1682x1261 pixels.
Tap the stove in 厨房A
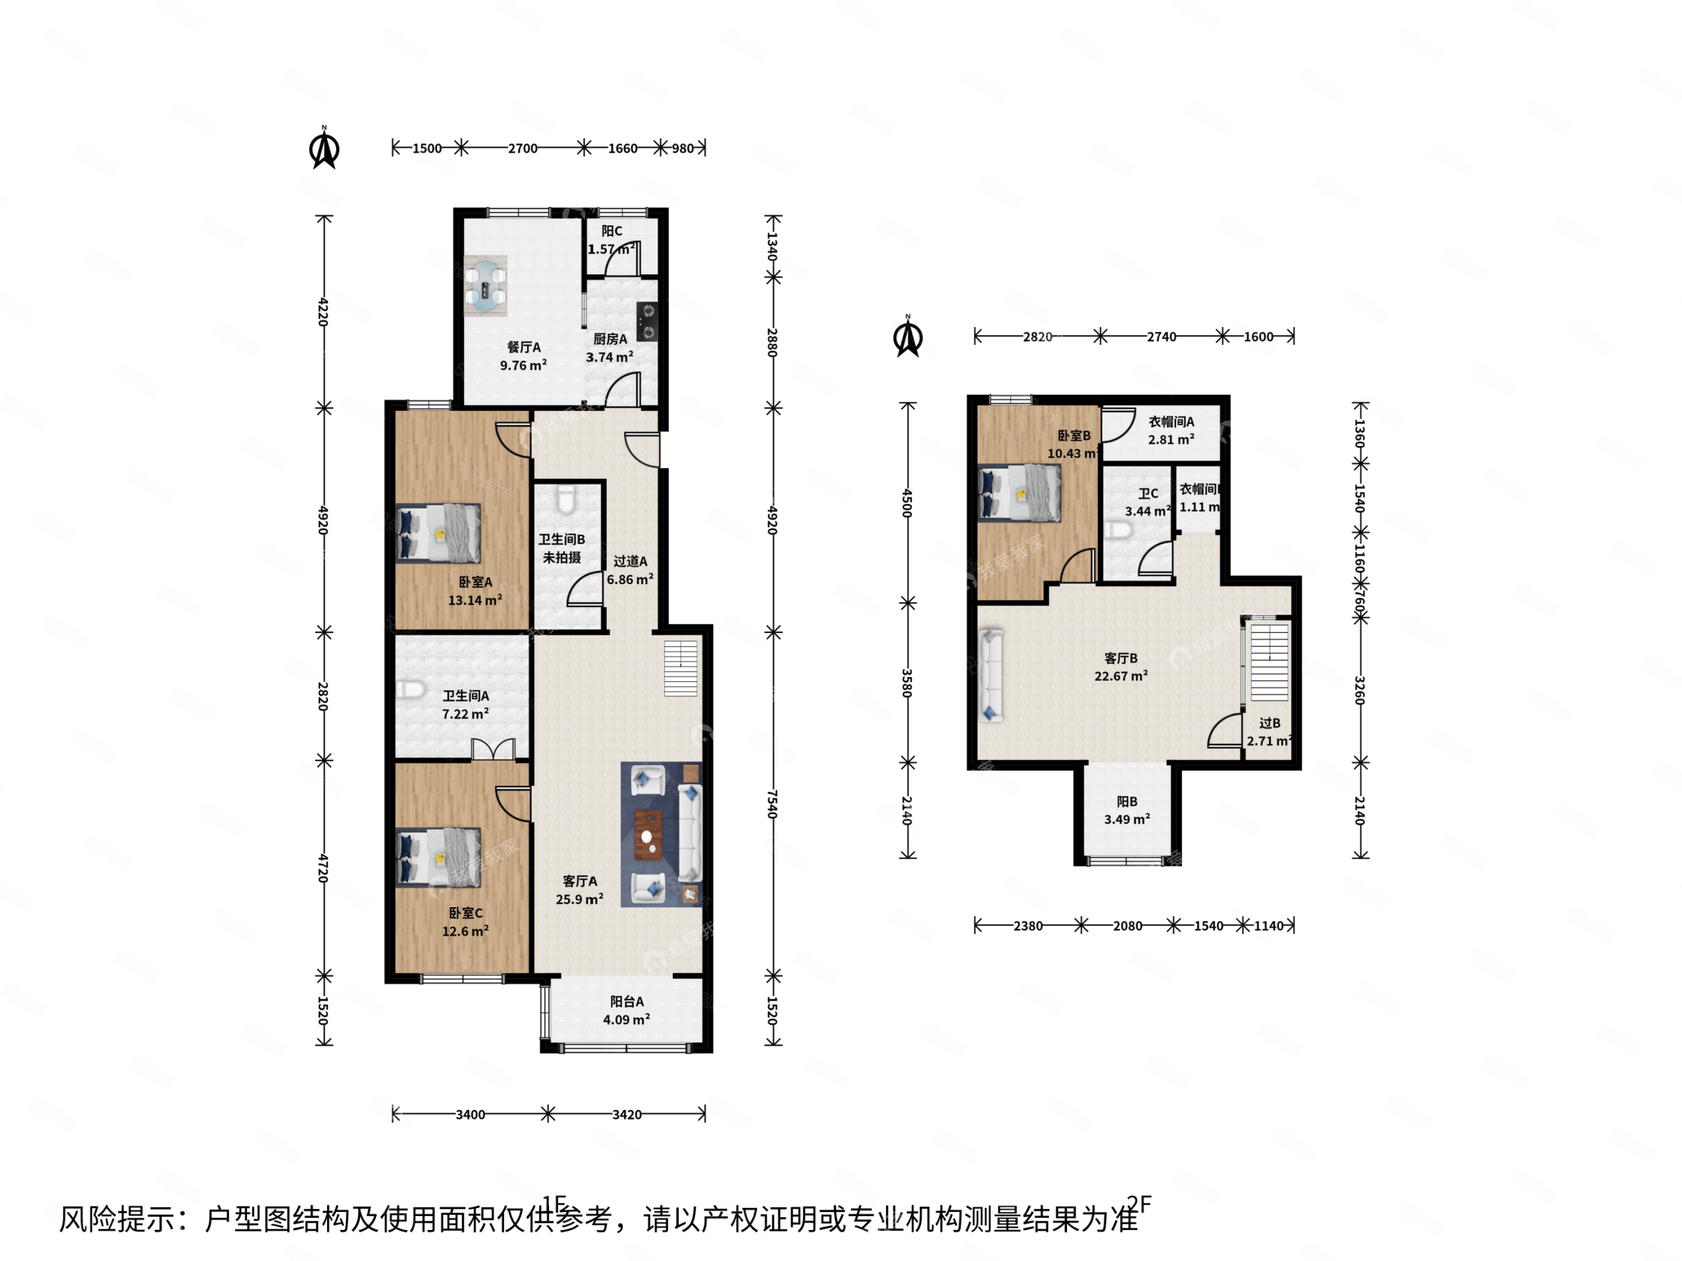tap(647, 321)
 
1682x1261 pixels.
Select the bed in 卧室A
tap(439, 533)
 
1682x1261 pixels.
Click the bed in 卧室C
tap(439, 857)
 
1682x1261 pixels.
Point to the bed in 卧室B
tap(1020, 492)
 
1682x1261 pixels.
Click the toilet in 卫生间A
tap(410, 689)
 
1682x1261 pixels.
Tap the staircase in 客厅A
tap(681, 668)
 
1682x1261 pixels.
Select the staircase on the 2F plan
tap(1269, 661)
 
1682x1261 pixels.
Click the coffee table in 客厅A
tap(648, 835)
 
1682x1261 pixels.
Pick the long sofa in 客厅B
tap(990, 674)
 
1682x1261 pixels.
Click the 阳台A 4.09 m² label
tap(626, 1010)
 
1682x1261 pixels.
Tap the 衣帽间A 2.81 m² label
tap(1171, 430)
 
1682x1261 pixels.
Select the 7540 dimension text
tap(772, 804)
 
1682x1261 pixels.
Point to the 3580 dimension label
tap(906, 683)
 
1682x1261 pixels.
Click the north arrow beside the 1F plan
tap(325, 149)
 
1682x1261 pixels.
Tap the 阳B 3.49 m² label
tap(1127, 810)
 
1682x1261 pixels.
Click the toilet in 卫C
tap(1117, 529)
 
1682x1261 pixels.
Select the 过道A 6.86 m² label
tap(630, 570)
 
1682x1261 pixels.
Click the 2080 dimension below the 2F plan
tap(1127, 926)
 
